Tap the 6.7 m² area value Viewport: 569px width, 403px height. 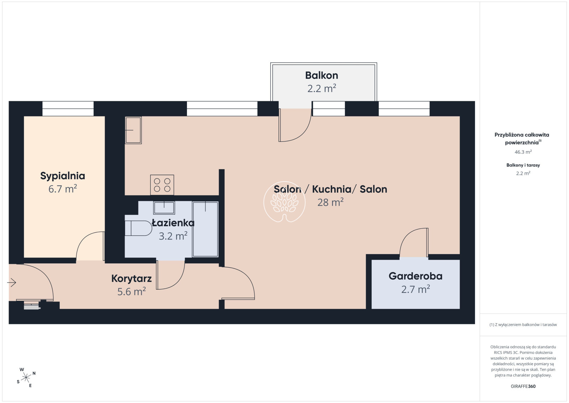62,189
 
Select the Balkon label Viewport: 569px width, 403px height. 322,75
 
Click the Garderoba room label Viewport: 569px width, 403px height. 416,276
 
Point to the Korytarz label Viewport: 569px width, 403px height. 131,279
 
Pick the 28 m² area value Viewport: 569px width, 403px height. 330,202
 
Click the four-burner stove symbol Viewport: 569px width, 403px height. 162,185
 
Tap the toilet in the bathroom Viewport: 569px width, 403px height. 138,228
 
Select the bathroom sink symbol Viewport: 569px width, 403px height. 164,208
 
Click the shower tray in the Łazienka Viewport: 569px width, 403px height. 205,229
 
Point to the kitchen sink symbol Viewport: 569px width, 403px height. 133,130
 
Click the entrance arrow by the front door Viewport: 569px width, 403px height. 12,283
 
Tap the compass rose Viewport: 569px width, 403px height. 26,378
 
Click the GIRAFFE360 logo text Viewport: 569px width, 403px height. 523,386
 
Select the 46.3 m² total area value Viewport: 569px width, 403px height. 523,152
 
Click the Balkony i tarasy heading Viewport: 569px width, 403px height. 523,165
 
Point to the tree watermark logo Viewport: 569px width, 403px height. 284,202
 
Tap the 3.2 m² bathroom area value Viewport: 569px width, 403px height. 173,236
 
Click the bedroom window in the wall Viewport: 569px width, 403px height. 68,109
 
